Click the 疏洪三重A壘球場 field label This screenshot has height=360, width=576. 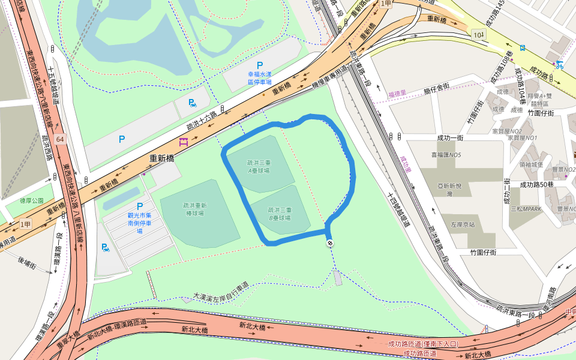(258, 166)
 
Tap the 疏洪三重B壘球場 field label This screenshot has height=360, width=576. (279, 214)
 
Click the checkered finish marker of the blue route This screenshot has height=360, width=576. (330, 243)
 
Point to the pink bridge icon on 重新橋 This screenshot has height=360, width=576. (184, 142)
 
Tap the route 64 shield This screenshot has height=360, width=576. (59, 139)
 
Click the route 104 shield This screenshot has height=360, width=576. (478, 35)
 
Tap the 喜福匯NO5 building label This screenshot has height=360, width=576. (446, 155)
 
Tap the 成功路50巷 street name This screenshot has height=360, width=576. (536, 184)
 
